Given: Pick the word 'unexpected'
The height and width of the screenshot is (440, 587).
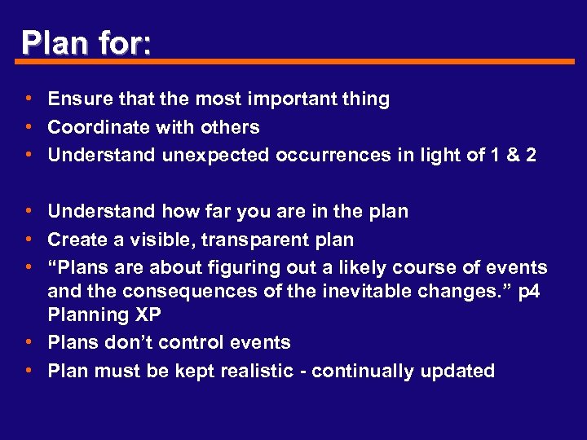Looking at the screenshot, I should pyautogui.click(x=214, y=155).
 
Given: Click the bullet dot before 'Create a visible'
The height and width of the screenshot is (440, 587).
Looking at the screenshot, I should pyautogui.click(x=29, y=240).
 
